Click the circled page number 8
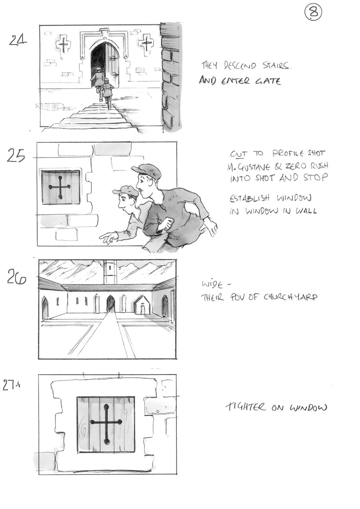(x=313, y=13)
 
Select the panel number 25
(x=16, y=156)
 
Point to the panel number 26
(x=16, y=276)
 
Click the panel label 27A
(x=11, y=386)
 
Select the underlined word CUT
(x=238, y=154)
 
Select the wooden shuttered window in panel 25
(x=61, y=187)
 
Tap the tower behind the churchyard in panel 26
(x=110, y=272)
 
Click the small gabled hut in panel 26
(x=142, y=306)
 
